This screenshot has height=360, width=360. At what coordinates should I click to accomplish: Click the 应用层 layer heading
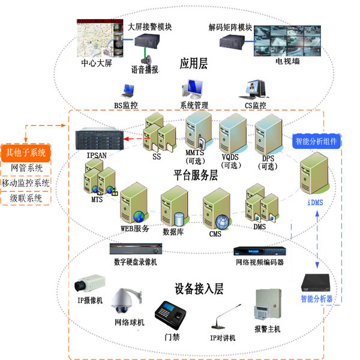click(x=193, y=64)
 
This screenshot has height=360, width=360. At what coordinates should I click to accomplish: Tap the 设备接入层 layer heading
click(x=199, y=289)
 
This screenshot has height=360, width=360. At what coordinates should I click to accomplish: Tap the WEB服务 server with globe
click(x=134, y=205)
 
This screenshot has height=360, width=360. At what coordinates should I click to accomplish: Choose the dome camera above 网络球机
click(x=128, y=301)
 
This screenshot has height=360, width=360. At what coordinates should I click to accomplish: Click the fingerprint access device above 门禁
click(x=170, y=314)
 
